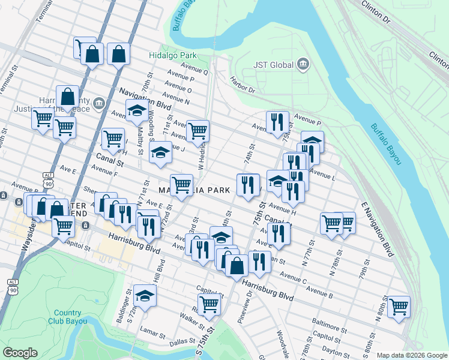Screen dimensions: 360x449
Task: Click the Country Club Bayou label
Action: [67, 317]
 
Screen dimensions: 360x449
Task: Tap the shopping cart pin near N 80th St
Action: [399, 307]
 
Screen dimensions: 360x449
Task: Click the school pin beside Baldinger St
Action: [145, 295]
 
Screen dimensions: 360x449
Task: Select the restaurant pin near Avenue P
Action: [277, 122]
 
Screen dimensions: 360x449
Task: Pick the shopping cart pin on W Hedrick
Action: [197, 131]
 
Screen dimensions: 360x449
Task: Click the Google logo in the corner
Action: [20, 353]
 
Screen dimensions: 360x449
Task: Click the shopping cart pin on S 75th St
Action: [208, 304]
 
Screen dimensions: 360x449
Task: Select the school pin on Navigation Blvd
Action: [137, 110]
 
